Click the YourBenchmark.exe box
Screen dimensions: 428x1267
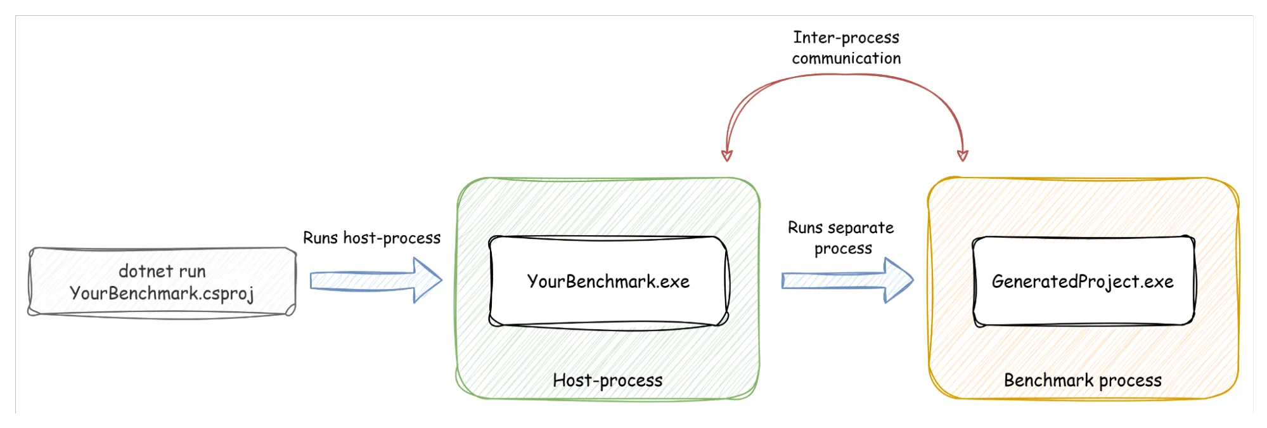[x=608, y=282]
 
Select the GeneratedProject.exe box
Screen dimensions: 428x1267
[x=1083, y=282]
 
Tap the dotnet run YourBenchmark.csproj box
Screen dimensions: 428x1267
[x=162, y=282]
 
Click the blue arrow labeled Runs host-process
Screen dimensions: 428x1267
[x=375, y=280]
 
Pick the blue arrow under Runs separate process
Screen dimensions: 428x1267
[x=847, y=280]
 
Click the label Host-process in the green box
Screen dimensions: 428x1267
[x=607, y=380]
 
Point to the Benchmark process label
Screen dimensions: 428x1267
[x=1083, y=380]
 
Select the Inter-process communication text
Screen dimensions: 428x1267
[x=846, y=48]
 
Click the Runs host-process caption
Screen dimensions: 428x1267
[x=371, y=238]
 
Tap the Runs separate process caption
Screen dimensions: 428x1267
[x=841, y=238]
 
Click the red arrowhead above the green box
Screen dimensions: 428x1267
[x=727, y=155]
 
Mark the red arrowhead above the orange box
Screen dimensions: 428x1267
[x=962, y=155]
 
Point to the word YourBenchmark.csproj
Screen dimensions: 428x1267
[x=162, y=294]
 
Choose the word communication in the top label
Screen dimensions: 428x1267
[x=846, y=58]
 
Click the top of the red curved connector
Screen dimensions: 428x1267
[x=846, y=75]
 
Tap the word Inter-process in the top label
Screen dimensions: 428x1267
[x=846, y=37]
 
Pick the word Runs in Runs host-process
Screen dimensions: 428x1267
[x=320, y=238]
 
